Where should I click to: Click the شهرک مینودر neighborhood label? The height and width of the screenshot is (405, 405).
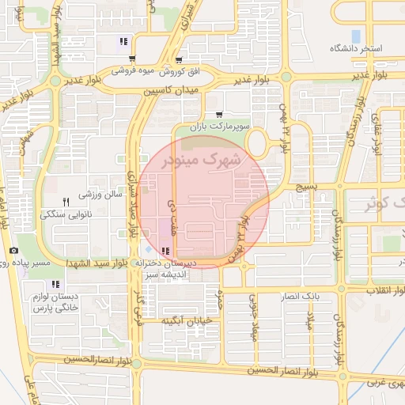pos(204,160)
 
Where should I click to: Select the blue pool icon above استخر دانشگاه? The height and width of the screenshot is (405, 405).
pos(356,36)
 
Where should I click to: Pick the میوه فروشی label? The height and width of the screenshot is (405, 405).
pos(131,71)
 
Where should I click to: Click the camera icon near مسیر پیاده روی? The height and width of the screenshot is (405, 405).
pos(13,251)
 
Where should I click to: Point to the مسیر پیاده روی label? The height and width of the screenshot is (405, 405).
pos(46,262)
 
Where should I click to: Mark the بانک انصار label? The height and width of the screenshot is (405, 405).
pos(300,297)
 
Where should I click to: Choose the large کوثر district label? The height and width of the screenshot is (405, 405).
pos(383,204)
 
